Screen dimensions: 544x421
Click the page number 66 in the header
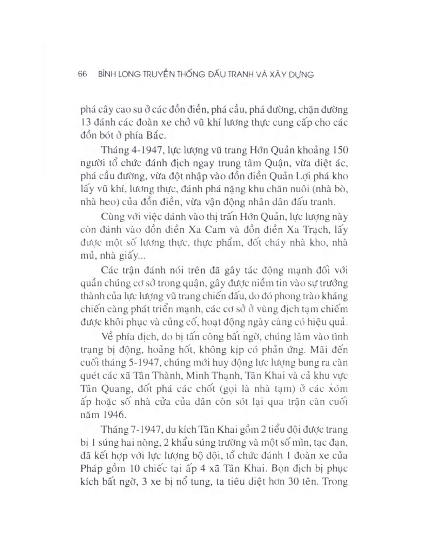point(82,74)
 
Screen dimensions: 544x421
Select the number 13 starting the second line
point(84,123)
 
